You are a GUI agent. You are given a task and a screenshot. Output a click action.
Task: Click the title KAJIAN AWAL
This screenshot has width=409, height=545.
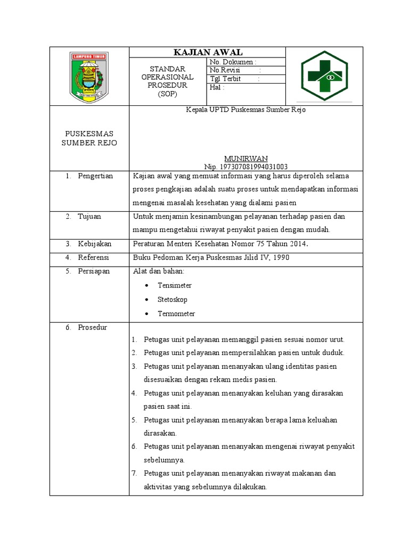208,52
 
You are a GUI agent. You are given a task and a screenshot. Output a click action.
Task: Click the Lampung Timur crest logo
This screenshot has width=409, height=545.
89,76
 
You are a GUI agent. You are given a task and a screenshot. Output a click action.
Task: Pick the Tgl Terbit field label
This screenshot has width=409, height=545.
226,79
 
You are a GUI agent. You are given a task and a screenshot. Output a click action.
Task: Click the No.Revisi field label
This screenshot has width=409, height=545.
225,70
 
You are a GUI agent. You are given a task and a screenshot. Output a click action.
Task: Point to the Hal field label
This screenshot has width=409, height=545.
217,87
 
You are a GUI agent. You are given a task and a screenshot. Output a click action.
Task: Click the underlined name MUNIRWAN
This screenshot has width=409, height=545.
246,159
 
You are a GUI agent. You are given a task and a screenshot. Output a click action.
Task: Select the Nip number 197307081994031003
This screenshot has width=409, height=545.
246,167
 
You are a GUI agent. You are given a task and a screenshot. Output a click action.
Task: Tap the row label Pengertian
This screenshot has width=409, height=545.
95,176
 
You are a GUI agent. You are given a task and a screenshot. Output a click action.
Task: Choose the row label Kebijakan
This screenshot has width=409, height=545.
94,244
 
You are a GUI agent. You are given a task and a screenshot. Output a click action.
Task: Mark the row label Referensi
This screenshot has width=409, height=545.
93,258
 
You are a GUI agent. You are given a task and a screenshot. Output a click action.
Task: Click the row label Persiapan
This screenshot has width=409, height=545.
94,271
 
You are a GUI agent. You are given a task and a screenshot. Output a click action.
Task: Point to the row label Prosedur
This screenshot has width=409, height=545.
92,328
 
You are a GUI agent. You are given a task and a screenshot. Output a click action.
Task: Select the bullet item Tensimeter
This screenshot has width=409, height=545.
175,286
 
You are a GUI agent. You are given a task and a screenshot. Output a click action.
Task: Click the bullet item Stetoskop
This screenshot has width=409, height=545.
173,300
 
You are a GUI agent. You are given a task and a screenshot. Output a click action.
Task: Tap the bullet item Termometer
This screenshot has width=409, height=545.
176,313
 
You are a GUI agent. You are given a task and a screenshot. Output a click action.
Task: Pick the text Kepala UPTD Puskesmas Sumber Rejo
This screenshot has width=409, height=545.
246,110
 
